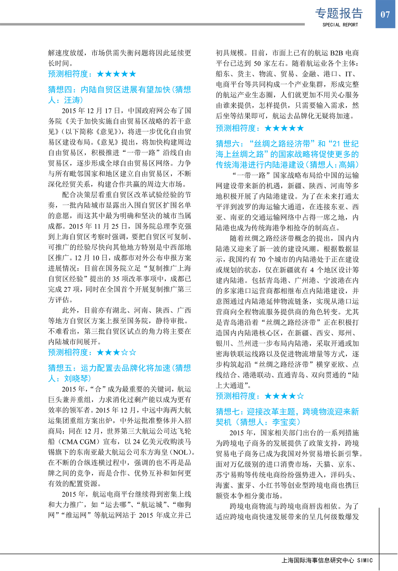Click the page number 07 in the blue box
(x=385, y=14)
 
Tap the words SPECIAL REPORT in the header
(x=340, y=25)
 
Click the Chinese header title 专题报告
(x=339, y=13)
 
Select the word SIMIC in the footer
(x=365, y=560)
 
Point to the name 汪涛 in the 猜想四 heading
(x=72, y=100)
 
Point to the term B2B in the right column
(x=336, y=53)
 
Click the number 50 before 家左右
(x=257, y=63)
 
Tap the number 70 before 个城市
(x=262, y=259)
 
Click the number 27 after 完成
(x=68, y=289)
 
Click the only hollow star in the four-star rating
(x=300, y=396)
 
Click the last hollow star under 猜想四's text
(x=133, y=352)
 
